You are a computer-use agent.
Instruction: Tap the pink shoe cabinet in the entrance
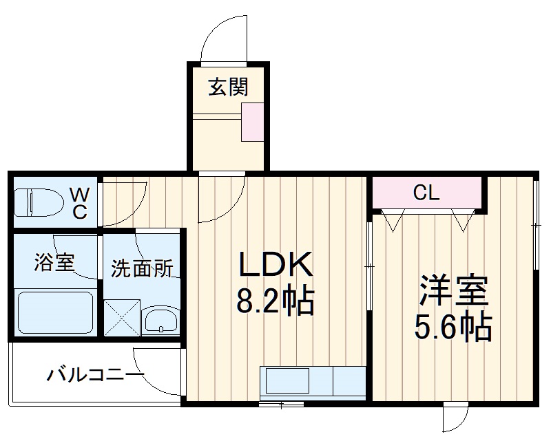252,122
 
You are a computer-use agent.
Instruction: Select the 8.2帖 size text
275,300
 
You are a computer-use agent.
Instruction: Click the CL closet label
426,193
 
